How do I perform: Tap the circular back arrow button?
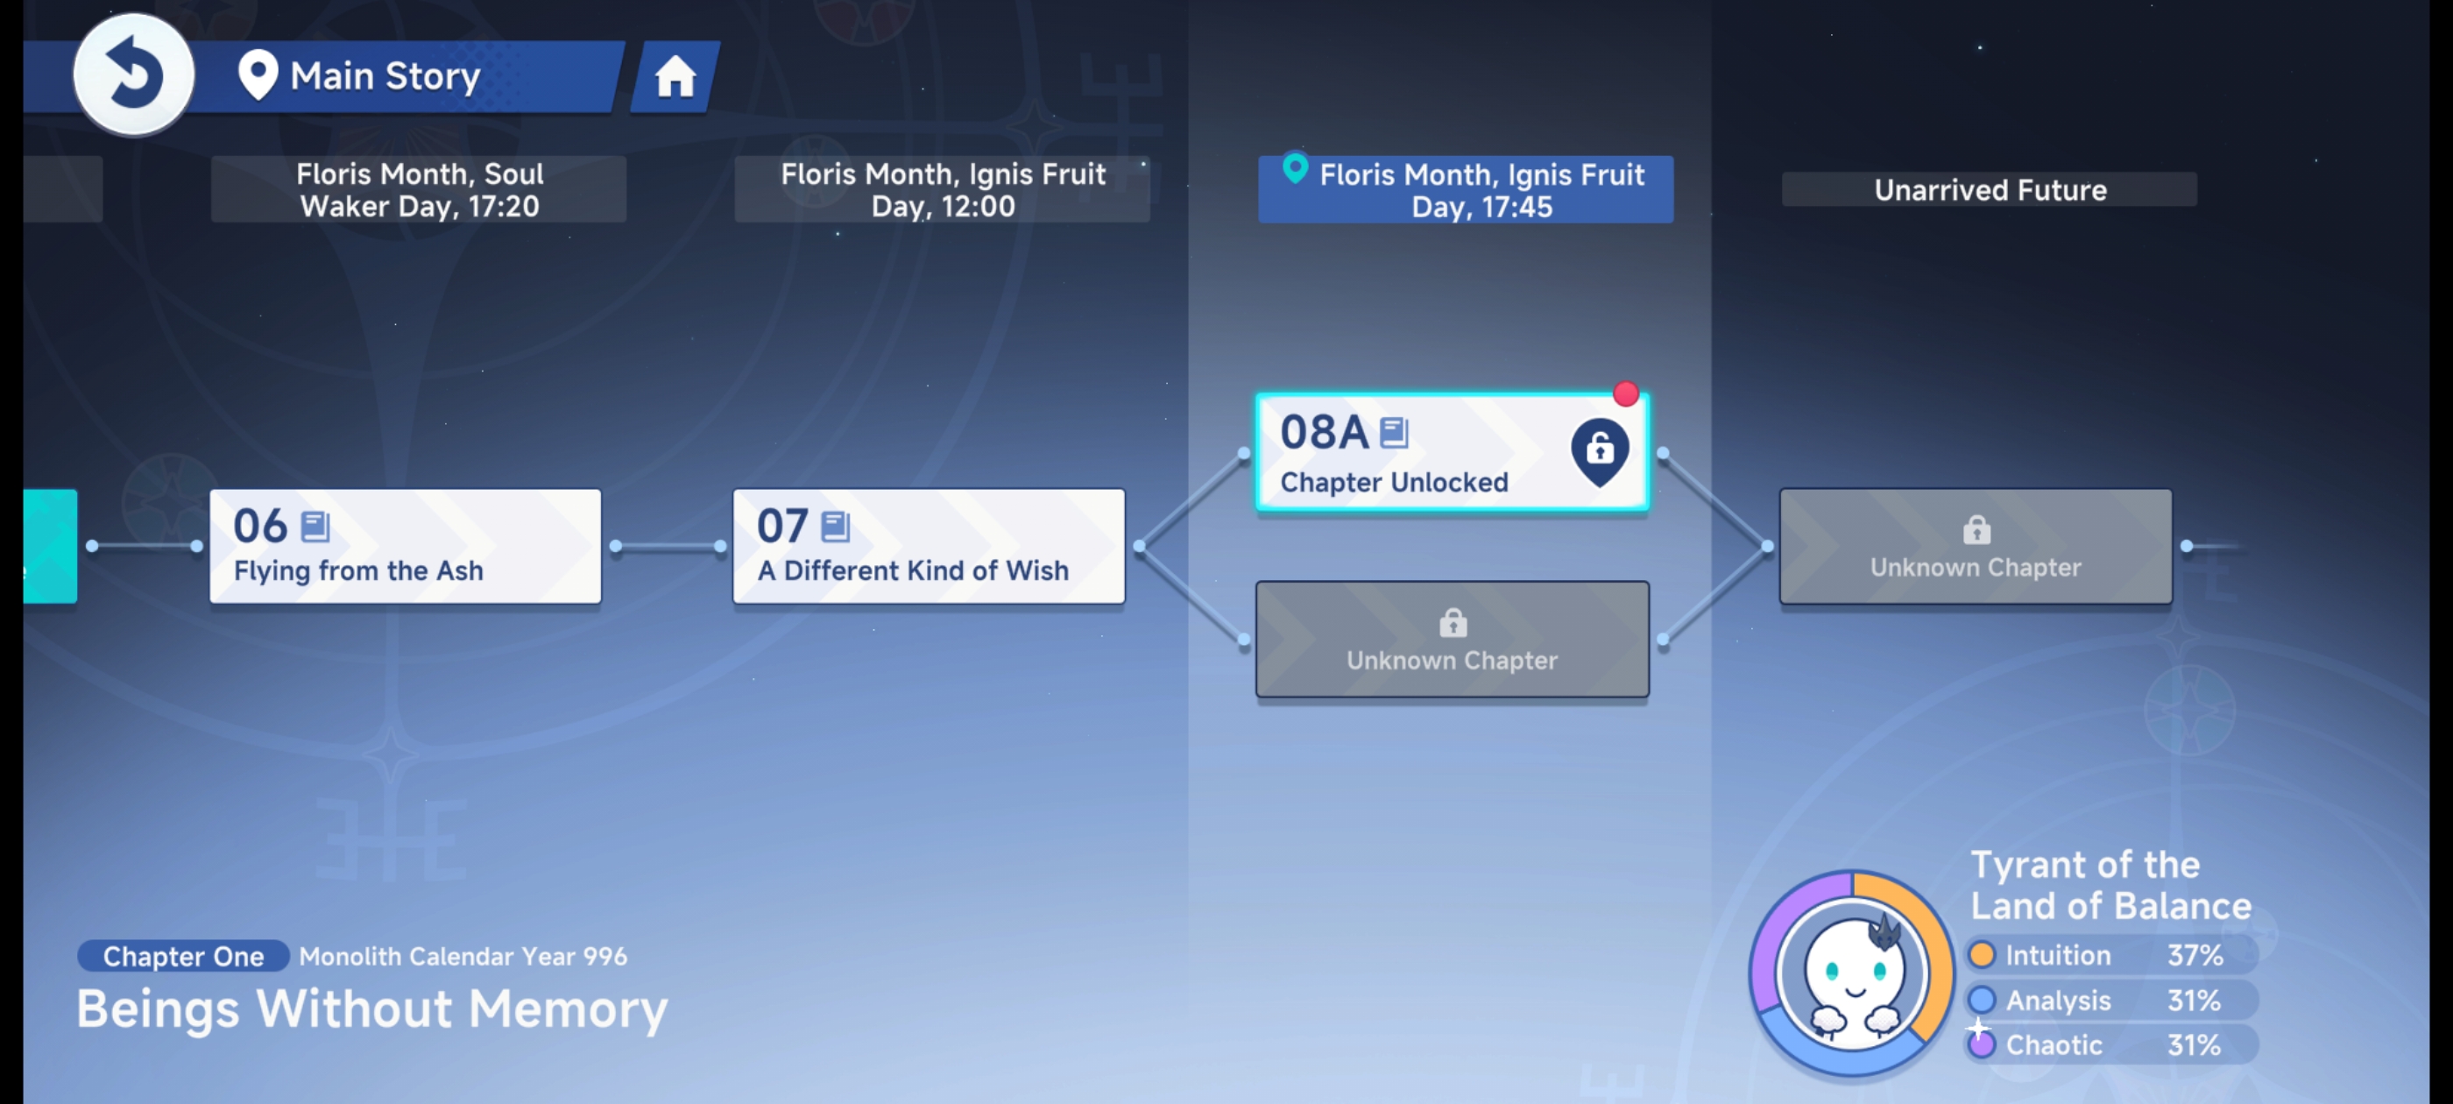[133, 74]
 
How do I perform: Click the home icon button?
[675, 76]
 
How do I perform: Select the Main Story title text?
[385, 76]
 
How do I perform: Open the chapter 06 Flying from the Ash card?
[406, 546]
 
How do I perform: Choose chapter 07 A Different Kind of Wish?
[929, 546]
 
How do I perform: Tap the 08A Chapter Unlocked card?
[1453, 451]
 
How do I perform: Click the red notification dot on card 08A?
[1625, 393]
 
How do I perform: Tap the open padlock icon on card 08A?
[1600, 450]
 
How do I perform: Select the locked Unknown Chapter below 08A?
[1453, 639]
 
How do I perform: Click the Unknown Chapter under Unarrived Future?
[1976, 546]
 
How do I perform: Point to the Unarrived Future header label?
[1990, 189]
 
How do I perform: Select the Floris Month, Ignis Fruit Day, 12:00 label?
[942, 189]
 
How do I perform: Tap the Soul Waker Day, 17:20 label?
[419, 189]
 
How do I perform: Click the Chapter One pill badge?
[183, 956]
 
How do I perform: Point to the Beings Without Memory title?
[372, 1008]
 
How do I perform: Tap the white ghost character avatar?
[1853, 973]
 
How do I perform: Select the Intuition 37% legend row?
[2111, 954]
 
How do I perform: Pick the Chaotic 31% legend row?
[2111, 1045]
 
